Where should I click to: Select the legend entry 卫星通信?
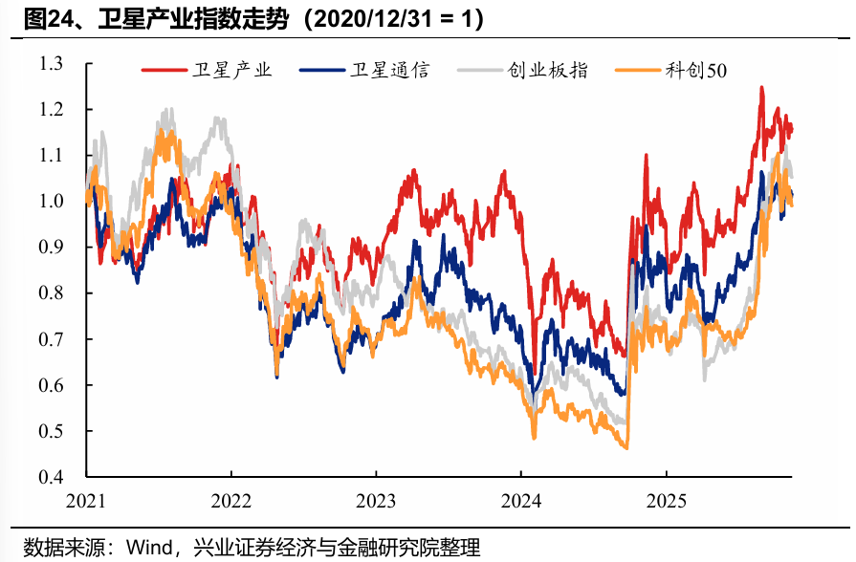click(x=389, y=71)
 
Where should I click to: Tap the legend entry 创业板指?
click(x=548, y=71)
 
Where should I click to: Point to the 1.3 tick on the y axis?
click(x=52, y=64)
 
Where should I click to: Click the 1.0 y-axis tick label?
click(x=52, y=202)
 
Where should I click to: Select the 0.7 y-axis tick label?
click(x=52, y=339)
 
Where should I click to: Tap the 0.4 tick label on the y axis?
click(x=52, y=477)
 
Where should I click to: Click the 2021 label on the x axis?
click(x=85, y=499)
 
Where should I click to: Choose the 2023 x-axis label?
click(x=375, y=499)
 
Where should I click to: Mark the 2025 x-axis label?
click(x=665, y=499)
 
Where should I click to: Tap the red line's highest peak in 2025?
click(x=761, y=87)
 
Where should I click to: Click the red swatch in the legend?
click(x=162, y=71)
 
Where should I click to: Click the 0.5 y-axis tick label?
click(x=52, y=431)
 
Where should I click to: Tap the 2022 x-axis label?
click(x=230, y=499)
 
